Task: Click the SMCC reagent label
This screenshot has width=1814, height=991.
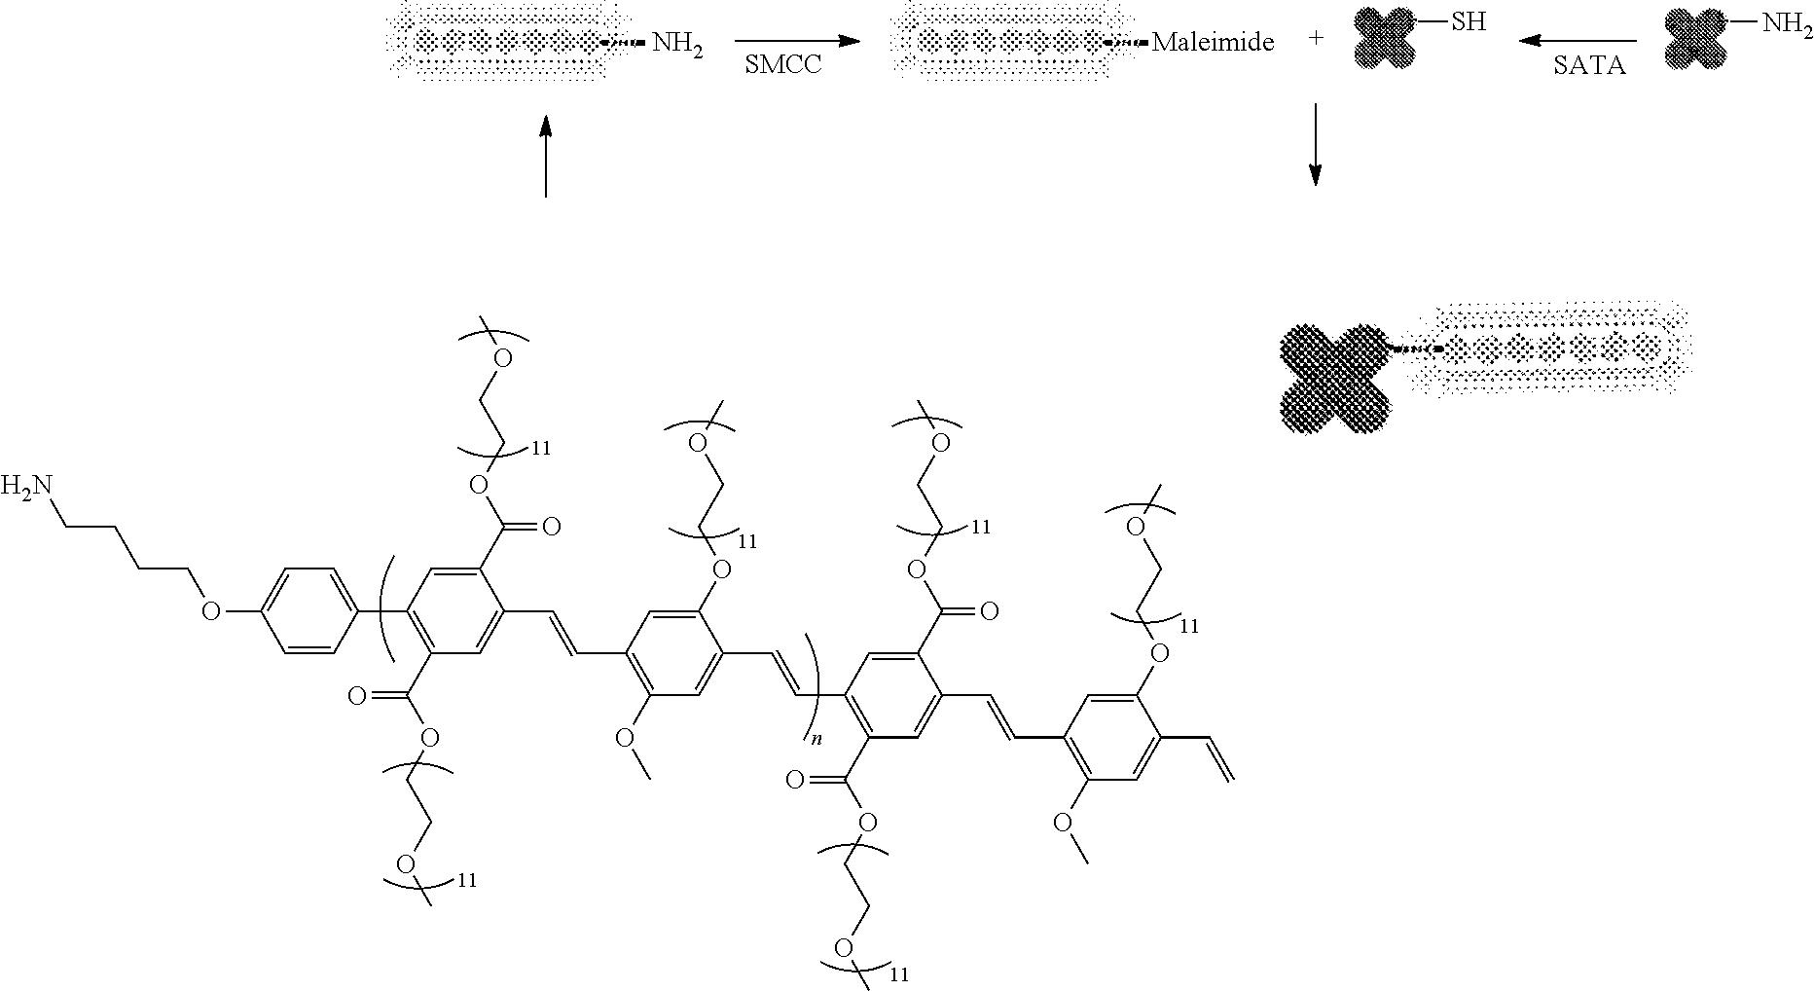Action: (783, 66)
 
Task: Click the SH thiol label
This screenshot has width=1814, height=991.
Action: (1469, 21)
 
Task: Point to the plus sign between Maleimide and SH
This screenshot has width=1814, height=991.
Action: (1316, 42)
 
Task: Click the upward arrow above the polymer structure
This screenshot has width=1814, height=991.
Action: (545, 156)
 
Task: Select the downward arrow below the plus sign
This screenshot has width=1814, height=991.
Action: (1315, 144)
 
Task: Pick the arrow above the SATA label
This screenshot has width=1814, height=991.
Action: (1578, 41)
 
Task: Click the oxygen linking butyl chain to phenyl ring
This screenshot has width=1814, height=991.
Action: (210, 611)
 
